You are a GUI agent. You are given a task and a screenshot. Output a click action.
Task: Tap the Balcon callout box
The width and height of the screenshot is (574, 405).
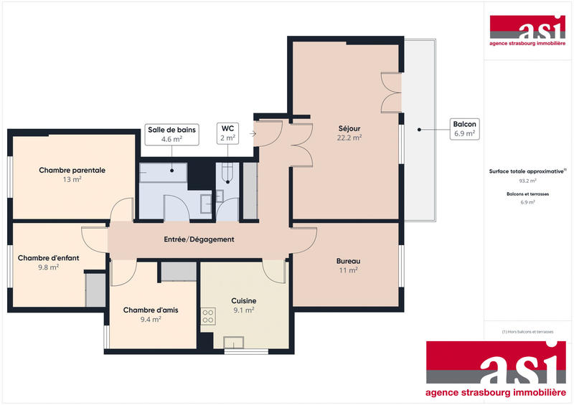pyautogui.click(x=464, y=128)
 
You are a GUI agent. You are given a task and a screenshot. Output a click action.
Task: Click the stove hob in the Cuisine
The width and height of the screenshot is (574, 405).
pyautogui.click(x=208, y=316)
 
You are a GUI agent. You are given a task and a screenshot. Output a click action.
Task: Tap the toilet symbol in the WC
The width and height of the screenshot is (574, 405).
pyautogui.click(x=227, y=171)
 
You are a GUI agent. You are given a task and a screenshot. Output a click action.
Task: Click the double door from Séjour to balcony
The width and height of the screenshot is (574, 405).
pyautogui.click(x=391, y=92)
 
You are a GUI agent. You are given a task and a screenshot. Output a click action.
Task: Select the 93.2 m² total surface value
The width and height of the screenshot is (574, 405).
pyautogui.click(x=527, y=181)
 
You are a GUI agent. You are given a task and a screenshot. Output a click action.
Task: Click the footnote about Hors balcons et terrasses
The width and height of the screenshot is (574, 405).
pyautogui.click(x=527, y=332)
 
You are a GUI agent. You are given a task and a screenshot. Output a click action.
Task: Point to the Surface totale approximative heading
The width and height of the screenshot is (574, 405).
pyautogui.click(x=527, y=172)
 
